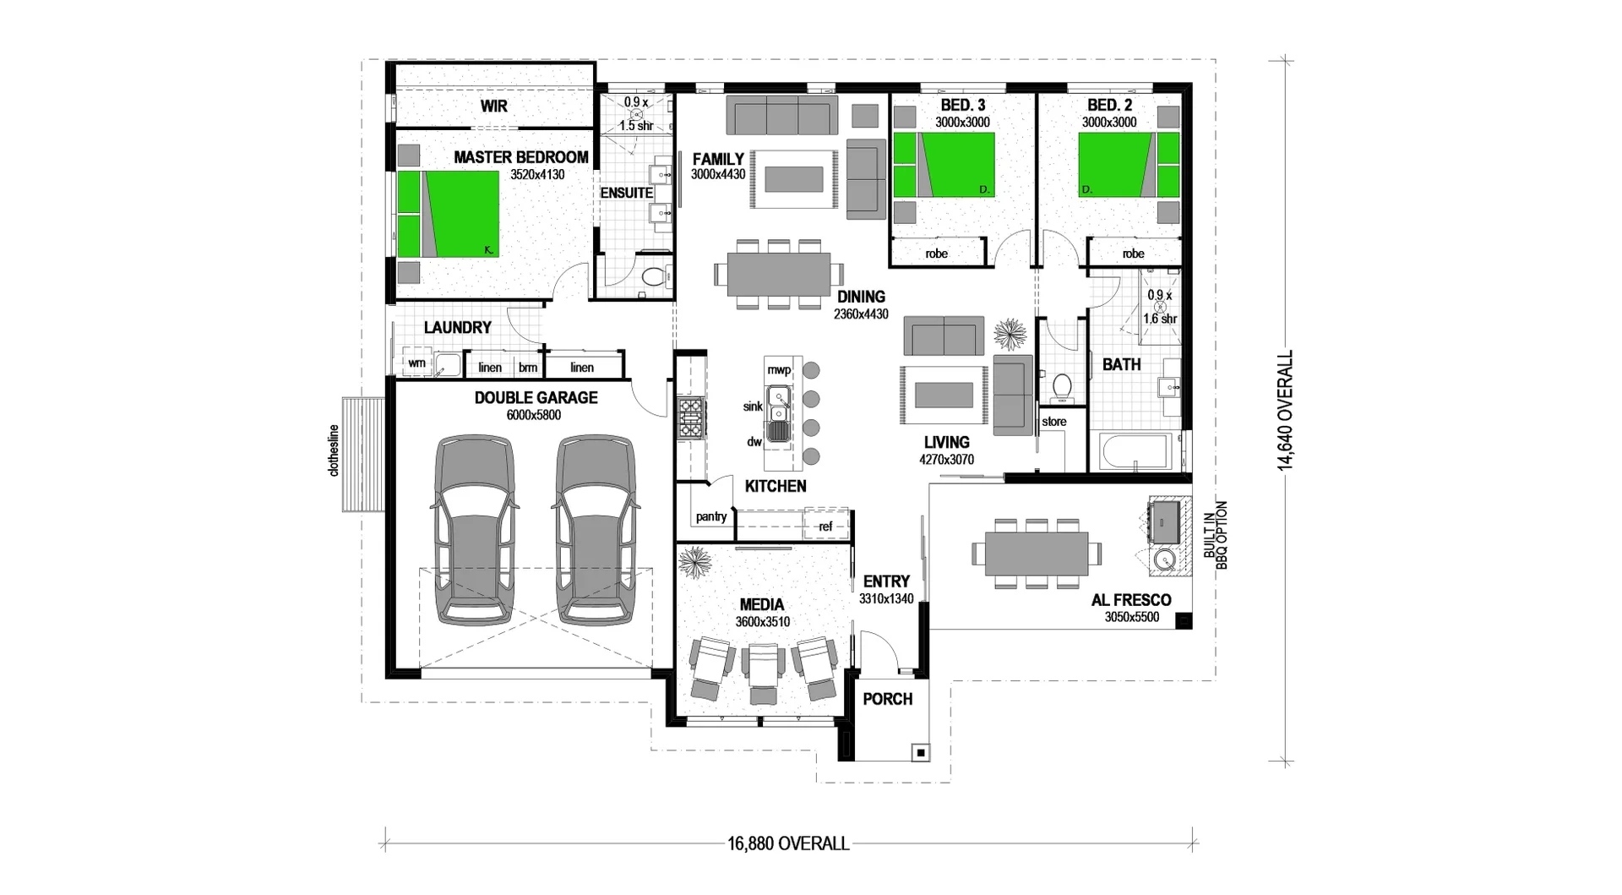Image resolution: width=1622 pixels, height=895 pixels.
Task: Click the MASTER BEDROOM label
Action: (x=520, y=157)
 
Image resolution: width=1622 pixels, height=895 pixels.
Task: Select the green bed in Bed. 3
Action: (x=944, y=165)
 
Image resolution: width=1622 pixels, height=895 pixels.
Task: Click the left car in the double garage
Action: (x=474, y=531)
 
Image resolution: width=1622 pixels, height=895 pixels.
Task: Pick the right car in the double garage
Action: (x=596, y=531)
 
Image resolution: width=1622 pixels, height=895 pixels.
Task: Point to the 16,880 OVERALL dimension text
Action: (x=787, y=843)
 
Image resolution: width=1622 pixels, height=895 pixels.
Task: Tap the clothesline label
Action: (x=334, y=450)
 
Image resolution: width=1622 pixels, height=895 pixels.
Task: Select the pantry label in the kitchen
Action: (x=710, y=516)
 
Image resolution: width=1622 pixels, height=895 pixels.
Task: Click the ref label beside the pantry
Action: (x=825, y=527)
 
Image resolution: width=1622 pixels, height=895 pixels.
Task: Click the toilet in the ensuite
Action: (x=652, y=276)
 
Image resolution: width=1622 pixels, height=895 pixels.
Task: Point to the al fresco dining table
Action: (x=1037, y=554)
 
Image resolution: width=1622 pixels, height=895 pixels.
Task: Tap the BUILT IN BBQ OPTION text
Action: (x=1215, y=535)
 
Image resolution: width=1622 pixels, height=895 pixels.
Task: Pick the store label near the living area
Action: (x=1053, y=422)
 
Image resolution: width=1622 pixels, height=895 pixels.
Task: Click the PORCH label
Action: (x=887, y=699)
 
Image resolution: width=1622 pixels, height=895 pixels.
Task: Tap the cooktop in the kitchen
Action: (x=690, y=418)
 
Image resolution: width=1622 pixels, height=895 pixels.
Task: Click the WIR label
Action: (x=494, y=106)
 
